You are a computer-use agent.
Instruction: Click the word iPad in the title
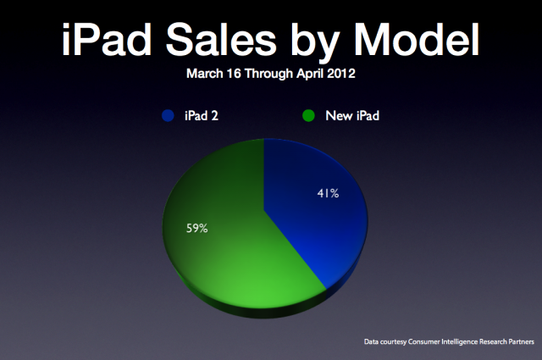[x=107, y=39]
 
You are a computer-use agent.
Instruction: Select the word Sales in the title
[x=221, y=39]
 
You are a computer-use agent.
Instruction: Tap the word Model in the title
[x=417, y=39]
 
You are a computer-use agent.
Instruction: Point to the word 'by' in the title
[x=315, y=43]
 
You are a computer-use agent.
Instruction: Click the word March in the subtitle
[x=204, y=74]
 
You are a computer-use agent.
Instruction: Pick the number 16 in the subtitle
[x=234, y=74]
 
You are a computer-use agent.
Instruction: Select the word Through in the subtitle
[x=268, y=74]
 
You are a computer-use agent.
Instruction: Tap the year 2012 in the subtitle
[x=341, y=74]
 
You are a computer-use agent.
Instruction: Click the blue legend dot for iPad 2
[x=168, y=115]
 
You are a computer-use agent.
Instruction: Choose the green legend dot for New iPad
[x=308, y=115]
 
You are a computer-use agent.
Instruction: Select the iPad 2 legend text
[x=202, y=115]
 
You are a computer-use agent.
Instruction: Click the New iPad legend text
[x=352, y=115]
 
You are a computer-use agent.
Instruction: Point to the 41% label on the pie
[x=328, y=193]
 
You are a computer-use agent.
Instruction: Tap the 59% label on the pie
[x=197, y=228]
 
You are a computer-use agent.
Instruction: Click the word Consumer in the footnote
[x=423, y=341]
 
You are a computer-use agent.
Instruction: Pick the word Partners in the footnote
[x=522, y=341]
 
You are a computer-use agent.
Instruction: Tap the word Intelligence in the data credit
[x=459, y=342]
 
